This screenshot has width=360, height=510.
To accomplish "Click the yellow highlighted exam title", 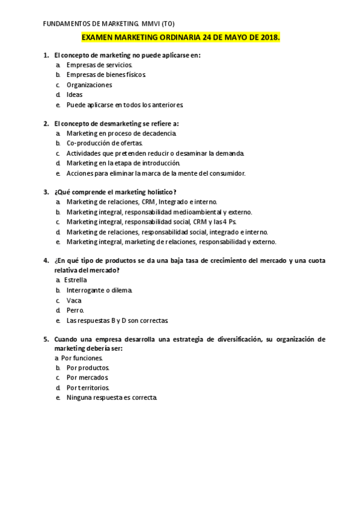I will point(180,37).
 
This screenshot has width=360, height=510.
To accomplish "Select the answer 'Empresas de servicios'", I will point(100,65).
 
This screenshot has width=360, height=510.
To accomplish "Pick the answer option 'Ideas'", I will point(75,94).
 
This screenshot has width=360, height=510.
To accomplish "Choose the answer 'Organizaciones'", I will point(89,85).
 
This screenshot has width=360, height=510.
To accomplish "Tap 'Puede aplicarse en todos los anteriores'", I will point(125,105).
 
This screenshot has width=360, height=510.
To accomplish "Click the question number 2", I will point(46,123).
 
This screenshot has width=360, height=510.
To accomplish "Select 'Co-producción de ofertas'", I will point(105,143).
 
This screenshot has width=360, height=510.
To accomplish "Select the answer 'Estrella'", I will point(76,280).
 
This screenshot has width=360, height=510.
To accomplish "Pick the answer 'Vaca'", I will point(74,300).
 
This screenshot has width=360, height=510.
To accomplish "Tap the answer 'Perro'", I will point(76,310).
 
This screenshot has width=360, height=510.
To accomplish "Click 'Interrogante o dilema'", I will point(99,290).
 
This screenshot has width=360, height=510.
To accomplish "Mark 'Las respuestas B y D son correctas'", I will point(117,320).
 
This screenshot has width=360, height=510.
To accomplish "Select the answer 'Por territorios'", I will point(88,388).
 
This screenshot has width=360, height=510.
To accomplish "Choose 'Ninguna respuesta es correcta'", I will point(112,398).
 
